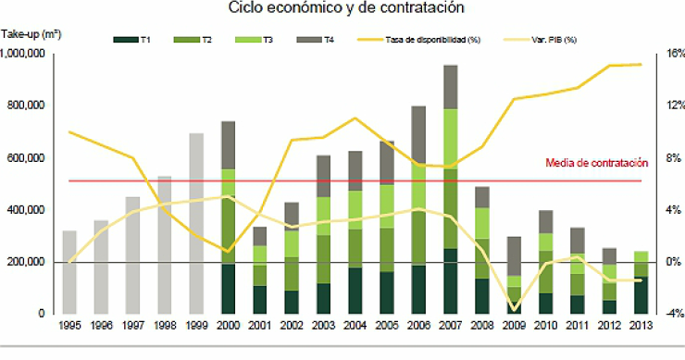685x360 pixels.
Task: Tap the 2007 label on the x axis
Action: pos(451,326)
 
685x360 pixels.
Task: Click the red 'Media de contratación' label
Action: pos(595,163)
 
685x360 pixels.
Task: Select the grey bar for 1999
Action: pos(196,223)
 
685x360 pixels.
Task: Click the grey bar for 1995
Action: pos(69,272)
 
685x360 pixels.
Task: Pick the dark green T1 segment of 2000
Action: pos(228,289)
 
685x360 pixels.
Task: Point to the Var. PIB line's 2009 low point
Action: pos(514,309)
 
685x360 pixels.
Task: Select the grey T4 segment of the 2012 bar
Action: pos(608,255)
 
